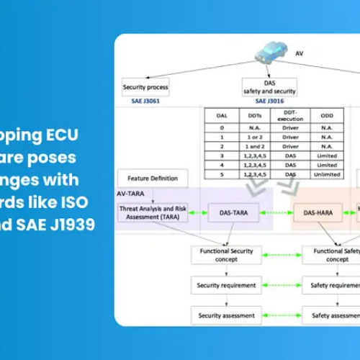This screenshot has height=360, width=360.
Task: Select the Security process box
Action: pyautogui.click(x=146, y=87)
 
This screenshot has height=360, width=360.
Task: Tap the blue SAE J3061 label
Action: pyautogui.click(x=146, y=102)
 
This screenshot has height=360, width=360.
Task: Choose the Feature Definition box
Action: pyautogui.click(x=152, y=178)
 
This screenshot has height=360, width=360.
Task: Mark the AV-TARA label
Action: pyautogui.click(x=133, y=194)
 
